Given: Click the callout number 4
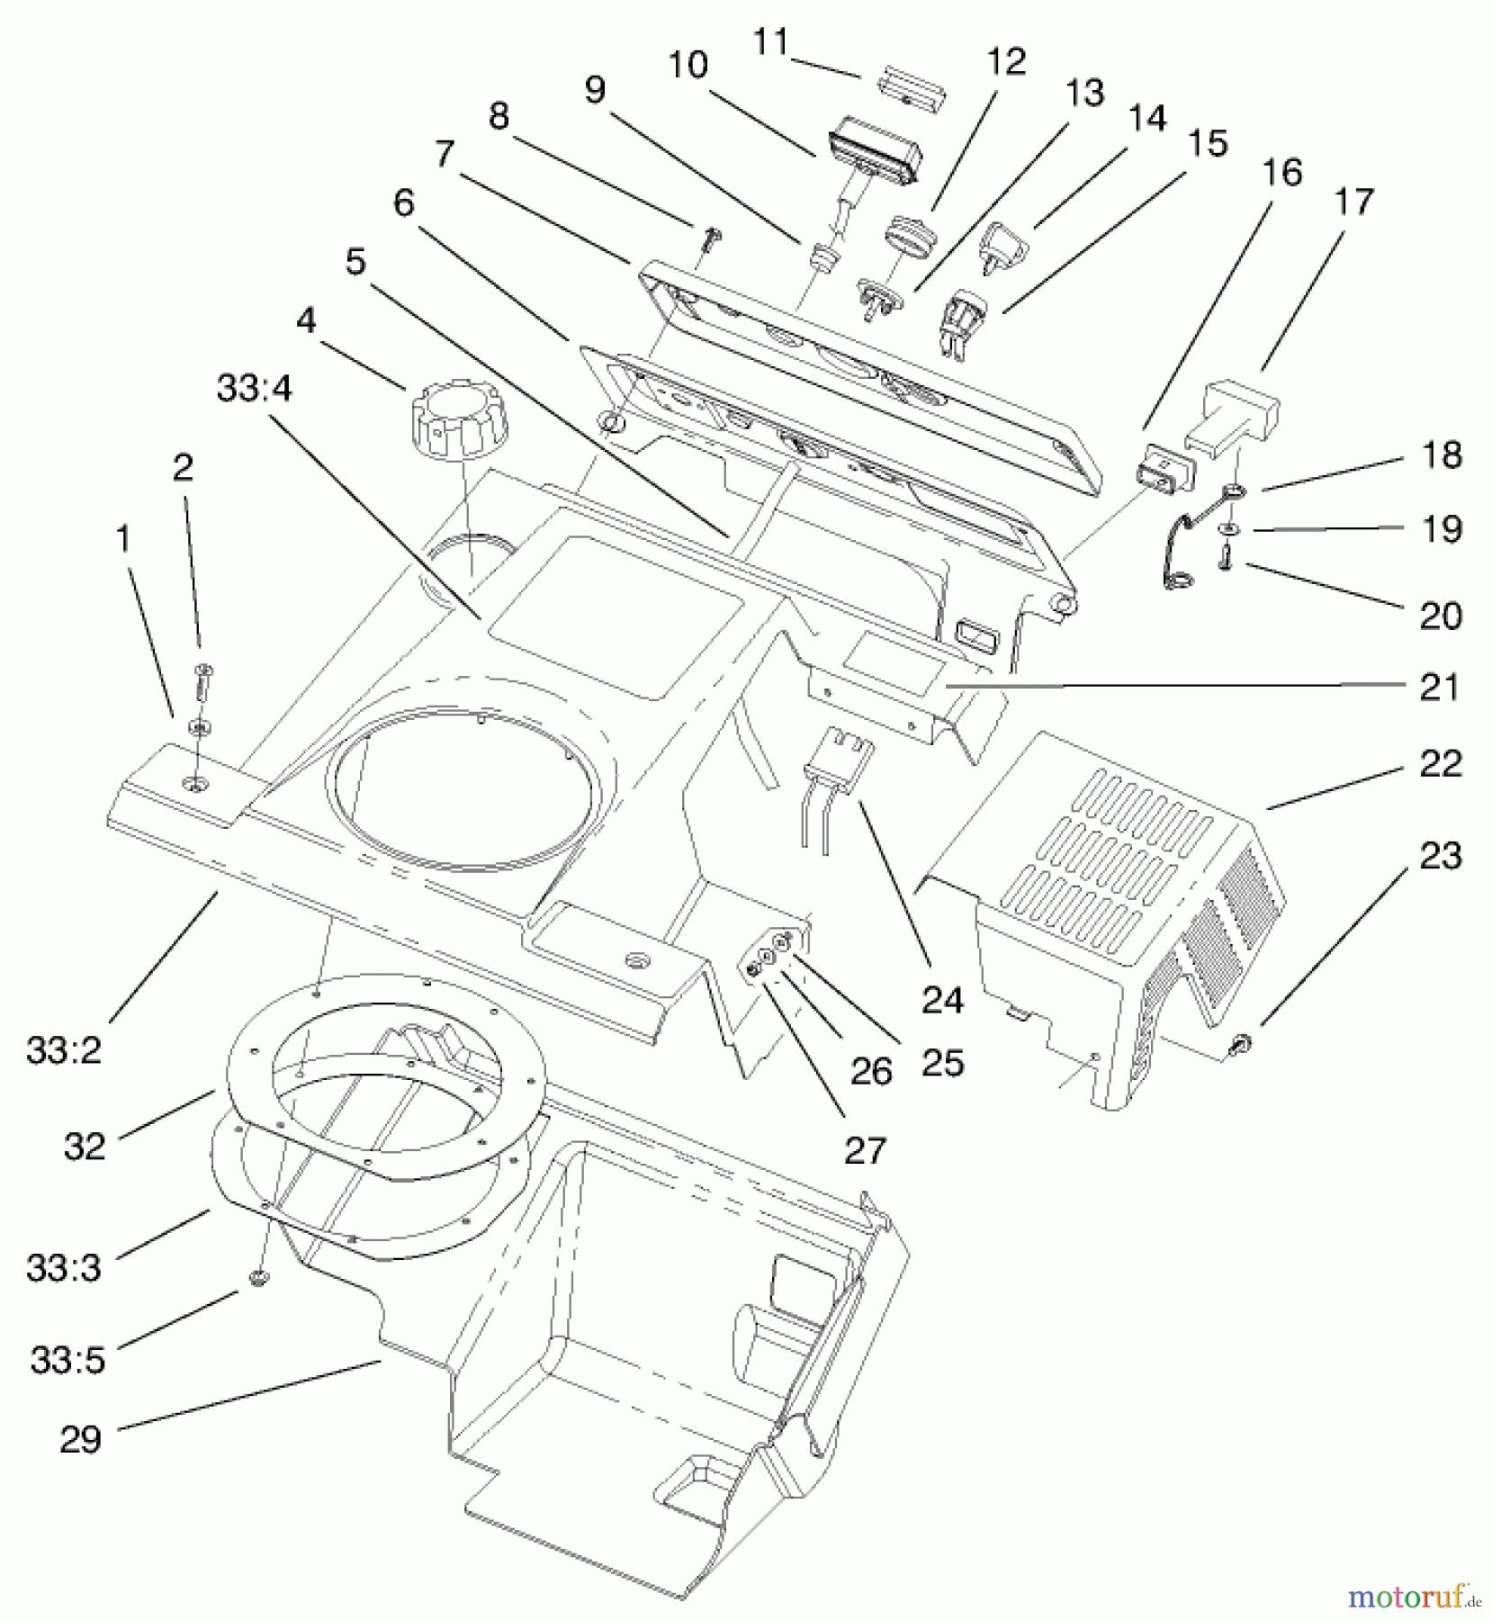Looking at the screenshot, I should click(306, 320).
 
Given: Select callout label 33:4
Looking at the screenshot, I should click(254, 390).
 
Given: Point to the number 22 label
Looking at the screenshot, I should click(1441, 764).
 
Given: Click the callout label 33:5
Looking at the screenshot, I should click(67, 1360).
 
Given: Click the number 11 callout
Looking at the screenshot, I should click(771, 42).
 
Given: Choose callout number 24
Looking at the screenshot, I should click(942, 1000).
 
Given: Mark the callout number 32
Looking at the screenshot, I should click(85, 1146).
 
